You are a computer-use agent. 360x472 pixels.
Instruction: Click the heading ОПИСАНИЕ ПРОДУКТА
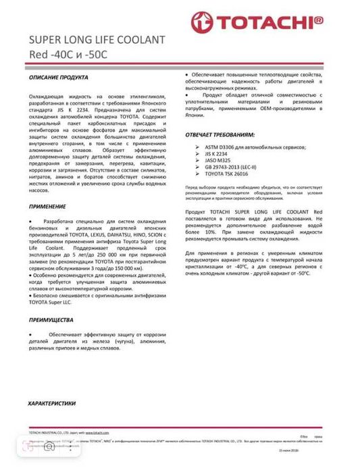click(59, 79)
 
